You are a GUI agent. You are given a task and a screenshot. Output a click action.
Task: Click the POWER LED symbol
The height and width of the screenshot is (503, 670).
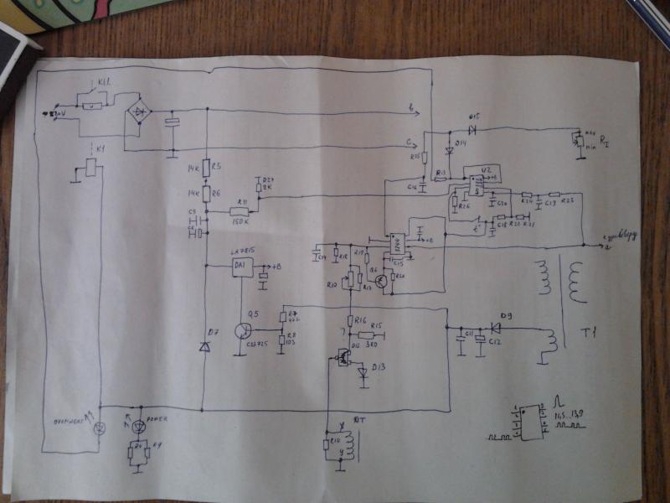[x=138, y=426]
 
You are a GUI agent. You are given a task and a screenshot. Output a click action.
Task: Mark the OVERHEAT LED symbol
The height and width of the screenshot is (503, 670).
[x=100, y=428]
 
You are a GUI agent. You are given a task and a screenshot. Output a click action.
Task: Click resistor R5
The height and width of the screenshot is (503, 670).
[x=205, y=169]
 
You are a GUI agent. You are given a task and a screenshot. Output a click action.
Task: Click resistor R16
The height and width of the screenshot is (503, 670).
[x=349, y=322]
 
